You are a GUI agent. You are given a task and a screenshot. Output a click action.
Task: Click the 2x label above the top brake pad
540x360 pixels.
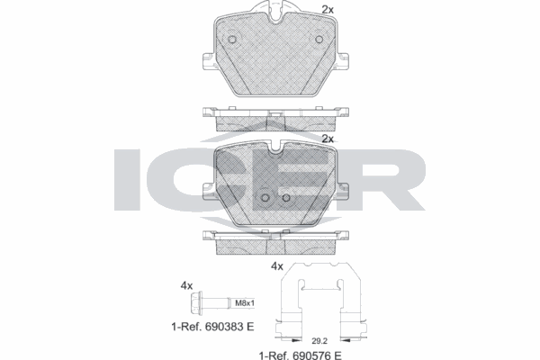pyautogui.click(x=328, y=11)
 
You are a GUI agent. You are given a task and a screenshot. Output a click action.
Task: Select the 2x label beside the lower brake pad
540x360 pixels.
pyautogui.click(x=328, y=139)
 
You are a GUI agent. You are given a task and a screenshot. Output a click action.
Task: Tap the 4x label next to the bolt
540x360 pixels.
pyautogui.click(x=187, y=285)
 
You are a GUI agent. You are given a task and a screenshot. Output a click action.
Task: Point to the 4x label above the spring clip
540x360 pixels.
pyautogui.click(x=277, y=266)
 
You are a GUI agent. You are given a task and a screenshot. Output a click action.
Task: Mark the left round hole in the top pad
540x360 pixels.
pyautogui.click(x=232, y=40)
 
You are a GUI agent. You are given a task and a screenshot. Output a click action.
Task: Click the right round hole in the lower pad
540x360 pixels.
pyautogui.click(x=285, y=199)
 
